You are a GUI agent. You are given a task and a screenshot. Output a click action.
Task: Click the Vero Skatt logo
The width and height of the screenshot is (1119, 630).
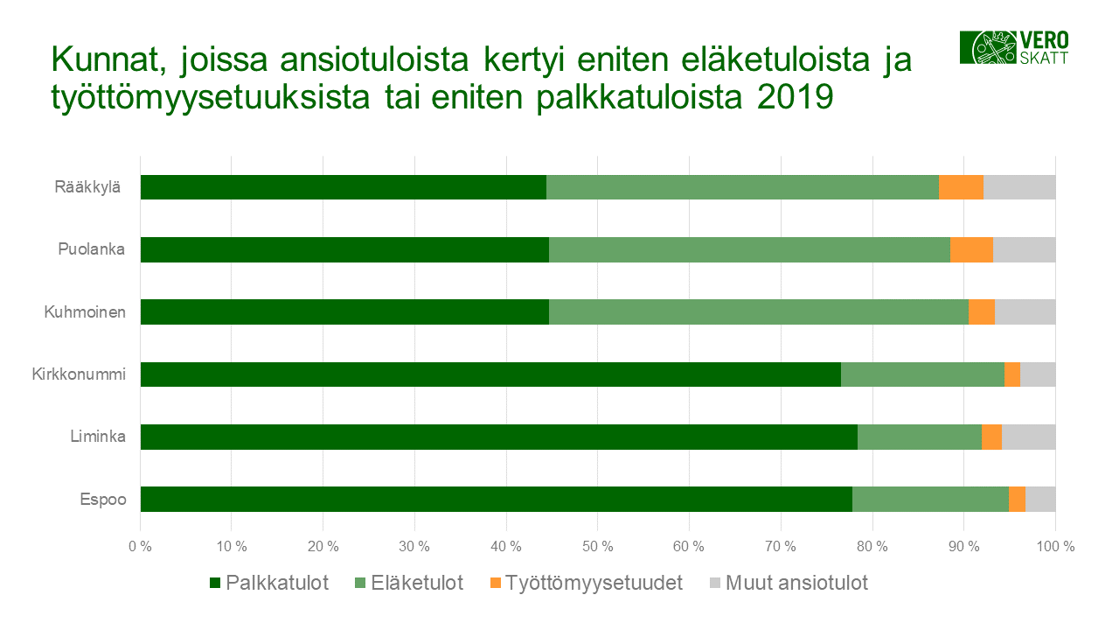pyautogui.click(x=1014, y=47)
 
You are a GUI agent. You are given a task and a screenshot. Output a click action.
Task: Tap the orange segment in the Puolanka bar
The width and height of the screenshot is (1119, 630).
pyautogui.click(x=971, y=249)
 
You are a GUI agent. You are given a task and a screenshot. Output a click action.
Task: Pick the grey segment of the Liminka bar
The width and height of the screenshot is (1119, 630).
pyautogui.click(x=1028, y=437)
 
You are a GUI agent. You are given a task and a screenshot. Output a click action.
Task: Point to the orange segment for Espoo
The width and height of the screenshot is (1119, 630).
pyautogui.click(x=1017, y=499)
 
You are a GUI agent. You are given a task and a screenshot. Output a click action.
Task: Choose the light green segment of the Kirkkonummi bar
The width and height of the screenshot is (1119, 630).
pyautogui.click(x=922, y=374)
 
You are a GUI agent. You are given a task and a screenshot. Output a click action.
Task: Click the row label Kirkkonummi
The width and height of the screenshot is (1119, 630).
pyautogui.click(x=79, y=374)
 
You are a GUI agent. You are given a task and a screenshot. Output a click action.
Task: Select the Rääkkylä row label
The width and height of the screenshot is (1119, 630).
pyautogui.click(x=86, y=187)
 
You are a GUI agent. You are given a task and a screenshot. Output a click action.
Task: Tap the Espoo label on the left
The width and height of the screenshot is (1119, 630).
pyautogui.click(x=103, y=500)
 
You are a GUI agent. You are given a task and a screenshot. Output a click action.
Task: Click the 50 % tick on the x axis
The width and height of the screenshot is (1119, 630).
pyautogui.click(x=597, y=547)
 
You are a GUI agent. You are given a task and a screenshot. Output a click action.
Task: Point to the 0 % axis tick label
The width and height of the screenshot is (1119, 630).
pyautogui.click(x=140, y=547)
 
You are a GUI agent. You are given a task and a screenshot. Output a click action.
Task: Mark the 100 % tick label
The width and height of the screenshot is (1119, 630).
pyautogui.click(x=1055, y=547)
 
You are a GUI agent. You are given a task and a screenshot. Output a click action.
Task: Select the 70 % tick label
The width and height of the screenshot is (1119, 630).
pyautogui.click(x=780, y=547)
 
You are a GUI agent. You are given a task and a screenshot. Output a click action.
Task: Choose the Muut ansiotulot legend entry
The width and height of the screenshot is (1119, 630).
pyautogui.click(x=787, y=583)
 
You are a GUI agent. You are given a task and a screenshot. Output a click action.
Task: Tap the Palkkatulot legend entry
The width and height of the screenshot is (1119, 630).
pyautogui.click(x=269, y=583)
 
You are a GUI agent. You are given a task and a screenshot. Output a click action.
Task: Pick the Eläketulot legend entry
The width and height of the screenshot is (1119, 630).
pyautogui.click(x=408, y=583)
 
